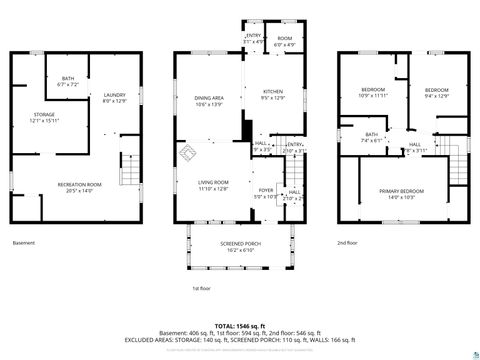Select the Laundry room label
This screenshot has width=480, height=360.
(114, 98)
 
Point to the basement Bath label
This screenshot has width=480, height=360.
(68, 81)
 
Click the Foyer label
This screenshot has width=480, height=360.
(266, 192)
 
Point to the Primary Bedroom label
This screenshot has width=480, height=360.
(400, 192)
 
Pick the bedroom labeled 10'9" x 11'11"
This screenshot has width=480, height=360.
(373, 93)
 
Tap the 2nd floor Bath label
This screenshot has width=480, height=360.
(371, 137)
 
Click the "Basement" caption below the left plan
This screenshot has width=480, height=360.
(23, 243)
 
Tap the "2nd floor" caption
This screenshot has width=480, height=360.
(346, 243)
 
